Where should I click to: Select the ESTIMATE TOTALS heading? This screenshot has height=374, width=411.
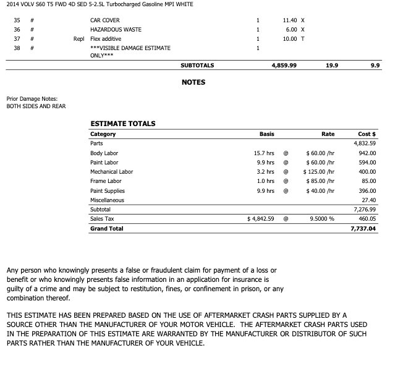[122, 124]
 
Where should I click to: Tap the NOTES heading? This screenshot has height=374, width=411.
[193, 82]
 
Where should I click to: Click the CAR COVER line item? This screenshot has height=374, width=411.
[105, 20]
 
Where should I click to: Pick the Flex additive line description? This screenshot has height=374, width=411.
[106, 39]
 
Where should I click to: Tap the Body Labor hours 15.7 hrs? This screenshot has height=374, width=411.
[264, 153]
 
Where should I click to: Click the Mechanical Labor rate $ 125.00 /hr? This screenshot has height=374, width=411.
[319, 172]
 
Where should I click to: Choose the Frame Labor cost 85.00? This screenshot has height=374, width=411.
[369, 181]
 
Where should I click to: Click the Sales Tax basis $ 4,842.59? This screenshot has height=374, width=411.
[260, 219]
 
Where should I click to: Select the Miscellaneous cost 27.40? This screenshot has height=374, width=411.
[369, 200]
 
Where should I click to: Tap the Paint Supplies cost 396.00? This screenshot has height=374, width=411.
[367, 191]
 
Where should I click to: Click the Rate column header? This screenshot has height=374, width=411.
[328, 134]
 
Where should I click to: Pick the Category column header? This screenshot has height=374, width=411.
[103, 134]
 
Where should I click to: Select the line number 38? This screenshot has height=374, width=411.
[17, 48]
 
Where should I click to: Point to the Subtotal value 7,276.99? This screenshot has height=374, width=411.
[365, 210]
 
